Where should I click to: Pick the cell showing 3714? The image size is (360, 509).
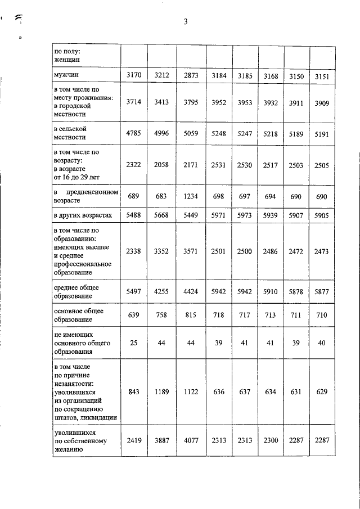pos(134,102)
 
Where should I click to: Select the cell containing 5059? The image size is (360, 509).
pos(190,134)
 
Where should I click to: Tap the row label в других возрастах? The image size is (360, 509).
pos(83,215)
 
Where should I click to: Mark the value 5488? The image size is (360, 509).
pos(134,215)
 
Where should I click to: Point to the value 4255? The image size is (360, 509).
pos(162,291)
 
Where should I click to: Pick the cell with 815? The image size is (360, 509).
pos(190,316)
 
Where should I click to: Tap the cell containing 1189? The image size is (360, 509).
pos(162,391)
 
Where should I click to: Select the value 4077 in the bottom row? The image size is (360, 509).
pos(190,442)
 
